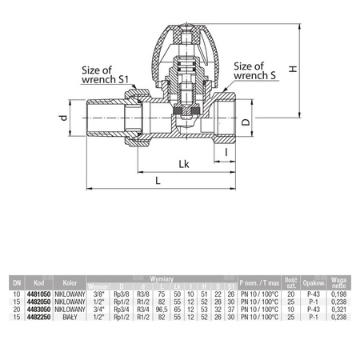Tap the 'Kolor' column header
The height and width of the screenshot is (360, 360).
(x=70, y=282)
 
